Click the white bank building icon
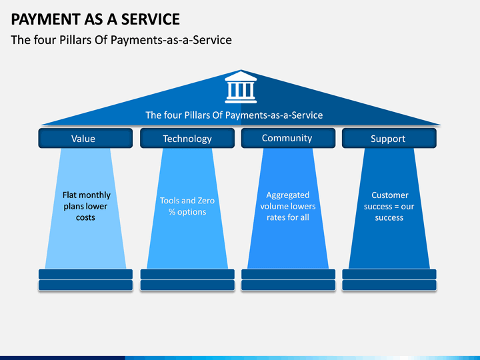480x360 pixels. pos(241,87)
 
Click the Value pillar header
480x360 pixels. pos(85,138)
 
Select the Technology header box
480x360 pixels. pos(187,138)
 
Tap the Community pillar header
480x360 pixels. pos(288,138)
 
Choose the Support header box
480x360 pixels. pos(389,138)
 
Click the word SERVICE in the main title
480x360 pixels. pos(151,19)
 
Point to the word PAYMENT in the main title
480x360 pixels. pos(45,19)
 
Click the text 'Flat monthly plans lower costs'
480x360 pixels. pos(86,206)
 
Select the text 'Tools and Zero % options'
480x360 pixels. pos(187,206)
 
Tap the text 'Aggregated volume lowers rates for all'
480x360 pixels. pos(288,206)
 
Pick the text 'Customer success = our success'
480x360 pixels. pos(389,206)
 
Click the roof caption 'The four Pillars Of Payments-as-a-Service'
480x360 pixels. pos(234,115)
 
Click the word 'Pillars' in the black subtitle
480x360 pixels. pos(75,40)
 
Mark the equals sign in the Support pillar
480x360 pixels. pos(397,207)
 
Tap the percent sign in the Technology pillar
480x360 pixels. pos(172,212)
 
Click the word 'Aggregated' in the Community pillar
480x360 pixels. pos(288,195)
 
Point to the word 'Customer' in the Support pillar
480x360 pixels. pos(390,195)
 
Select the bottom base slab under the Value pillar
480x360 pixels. pos(85,285)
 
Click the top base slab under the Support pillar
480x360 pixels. pos(389,274)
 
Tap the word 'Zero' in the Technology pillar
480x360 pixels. pos(206,201)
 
